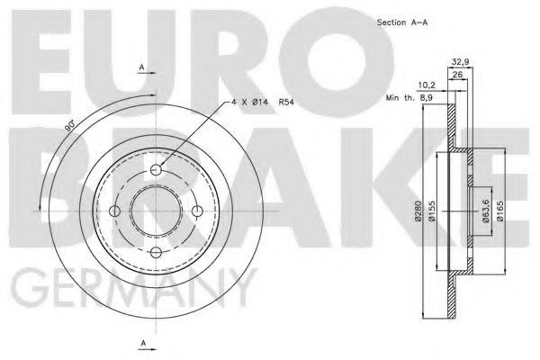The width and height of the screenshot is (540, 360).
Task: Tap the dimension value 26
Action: [x=457, y=76]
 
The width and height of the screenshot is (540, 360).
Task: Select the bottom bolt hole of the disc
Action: [x=155, y=253]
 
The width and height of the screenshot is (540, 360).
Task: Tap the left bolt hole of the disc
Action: [x=113, y=211]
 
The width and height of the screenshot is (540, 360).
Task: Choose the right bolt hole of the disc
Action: [x=197, y=211]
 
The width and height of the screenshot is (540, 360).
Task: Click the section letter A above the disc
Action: [x=141, y=66]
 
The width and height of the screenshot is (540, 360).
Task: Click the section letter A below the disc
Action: [x=141, y=343]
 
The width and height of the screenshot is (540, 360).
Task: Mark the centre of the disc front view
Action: [x=155, y=211]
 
